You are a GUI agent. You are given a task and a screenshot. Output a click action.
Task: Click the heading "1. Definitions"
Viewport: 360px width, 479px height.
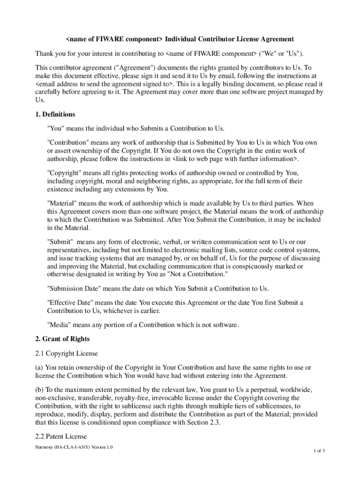pos(55,114)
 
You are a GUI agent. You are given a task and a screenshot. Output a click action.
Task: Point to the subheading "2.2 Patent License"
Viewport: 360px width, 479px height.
pos(61,436)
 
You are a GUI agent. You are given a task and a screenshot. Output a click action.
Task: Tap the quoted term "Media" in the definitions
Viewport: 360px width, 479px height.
pos(58,324)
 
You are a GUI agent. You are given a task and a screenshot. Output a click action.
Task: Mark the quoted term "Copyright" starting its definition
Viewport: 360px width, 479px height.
pos(64,173)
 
